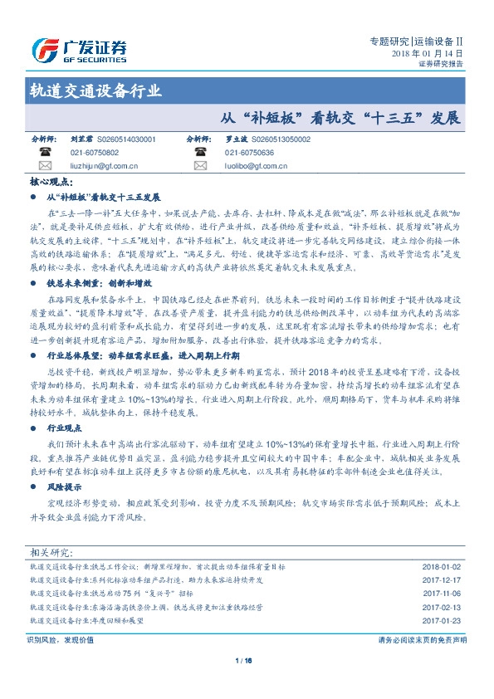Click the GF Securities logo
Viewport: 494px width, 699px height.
[x=78, y=51]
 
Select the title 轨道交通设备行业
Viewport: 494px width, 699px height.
[x=95, y=91]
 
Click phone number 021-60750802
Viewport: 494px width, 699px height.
[x=95, y=153]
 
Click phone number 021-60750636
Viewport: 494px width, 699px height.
[x=249, y=153]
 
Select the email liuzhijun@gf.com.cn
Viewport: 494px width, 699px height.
[x=104, y=166]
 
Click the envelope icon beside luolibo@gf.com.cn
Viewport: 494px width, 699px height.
[x=199, y=166]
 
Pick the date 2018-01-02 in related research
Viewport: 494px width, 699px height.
[x=441, y=566]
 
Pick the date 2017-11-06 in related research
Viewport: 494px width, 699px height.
[x=441, y=594]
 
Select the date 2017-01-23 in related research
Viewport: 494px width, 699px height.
[x=441, y=620]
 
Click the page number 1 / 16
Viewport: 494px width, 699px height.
[x=243, y=660]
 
